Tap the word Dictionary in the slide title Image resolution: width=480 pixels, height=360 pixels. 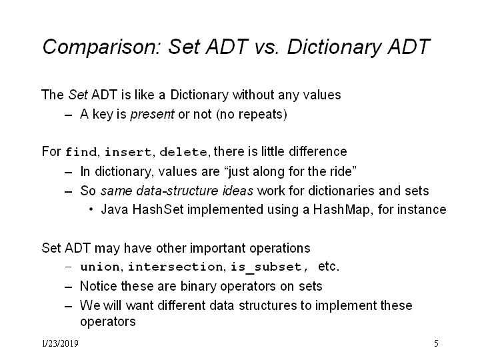pos(335,47)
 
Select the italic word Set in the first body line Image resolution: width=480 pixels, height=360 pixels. pos(78,95)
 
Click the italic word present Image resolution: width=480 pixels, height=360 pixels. pos(152,115)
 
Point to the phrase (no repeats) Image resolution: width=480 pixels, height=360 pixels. pos(251,114)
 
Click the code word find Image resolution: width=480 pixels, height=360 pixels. pos(81,152)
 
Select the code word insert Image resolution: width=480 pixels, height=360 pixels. pos(128,152)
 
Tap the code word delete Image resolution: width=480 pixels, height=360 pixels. pos(183,152)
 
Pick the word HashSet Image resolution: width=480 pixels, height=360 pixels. pos(158,210)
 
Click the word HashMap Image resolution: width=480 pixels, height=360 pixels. pos(341,210)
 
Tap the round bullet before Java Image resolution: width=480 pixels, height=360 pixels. pos(91,210)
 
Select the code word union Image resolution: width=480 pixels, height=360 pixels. pos(100,267)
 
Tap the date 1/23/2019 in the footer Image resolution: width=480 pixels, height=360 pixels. pos(60,343)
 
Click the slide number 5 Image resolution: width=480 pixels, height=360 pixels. pos(436,343)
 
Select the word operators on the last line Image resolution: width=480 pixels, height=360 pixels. pos(108,322)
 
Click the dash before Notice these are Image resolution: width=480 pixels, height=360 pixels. pos(68,287)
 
